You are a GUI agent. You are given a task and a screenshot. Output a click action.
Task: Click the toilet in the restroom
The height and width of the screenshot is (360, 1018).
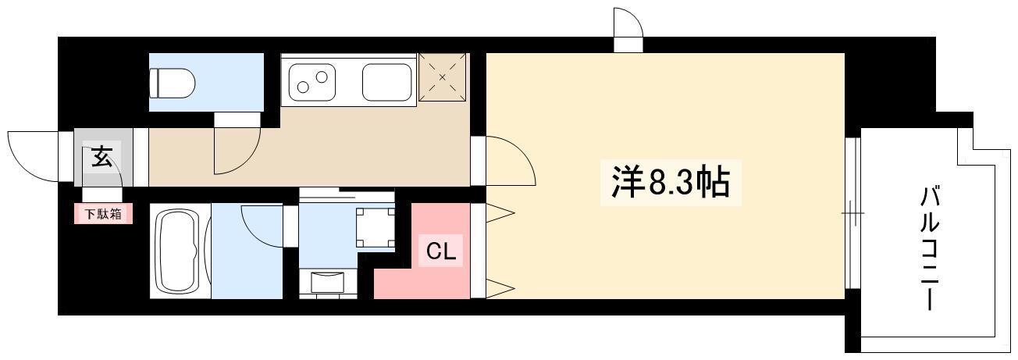coord(173,84)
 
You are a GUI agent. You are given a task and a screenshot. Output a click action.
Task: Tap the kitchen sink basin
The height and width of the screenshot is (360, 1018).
coord(386,82)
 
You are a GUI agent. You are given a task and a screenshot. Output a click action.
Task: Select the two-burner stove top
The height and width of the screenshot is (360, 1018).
coord(312,82)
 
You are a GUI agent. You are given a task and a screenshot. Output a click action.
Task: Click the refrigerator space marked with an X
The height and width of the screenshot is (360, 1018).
coord(443,77)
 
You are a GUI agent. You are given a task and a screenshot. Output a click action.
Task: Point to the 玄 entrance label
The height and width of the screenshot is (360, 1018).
coord(101,156)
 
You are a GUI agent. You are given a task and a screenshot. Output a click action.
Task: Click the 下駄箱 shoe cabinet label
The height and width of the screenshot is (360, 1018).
coord(104,214)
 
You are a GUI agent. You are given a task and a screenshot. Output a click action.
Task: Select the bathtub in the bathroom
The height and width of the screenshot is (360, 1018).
coord(176,251)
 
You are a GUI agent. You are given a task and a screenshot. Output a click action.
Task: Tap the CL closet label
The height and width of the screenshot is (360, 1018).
coord(440,251)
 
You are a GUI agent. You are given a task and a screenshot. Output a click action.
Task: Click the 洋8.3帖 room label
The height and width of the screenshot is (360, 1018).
coord(671,182)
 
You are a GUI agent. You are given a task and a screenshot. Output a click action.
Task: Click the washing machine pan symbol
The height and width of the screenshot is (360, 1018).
coord(376,226)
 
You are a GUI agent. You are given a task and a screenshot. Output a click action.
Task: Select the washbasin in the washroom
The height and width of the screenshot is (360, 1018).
coord(328,281)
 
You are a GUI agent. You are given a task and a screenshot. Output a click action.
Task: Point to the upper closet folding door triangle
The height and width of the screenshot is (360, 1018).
coord(500,212)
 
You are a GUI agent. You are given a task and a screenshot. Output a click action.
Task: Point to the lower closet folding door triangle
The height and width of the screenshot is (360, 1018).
coord(500,288)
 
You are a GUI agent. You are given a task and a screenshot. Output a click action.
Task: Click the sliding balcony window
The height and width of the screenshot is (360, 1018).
coord(853,212)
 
